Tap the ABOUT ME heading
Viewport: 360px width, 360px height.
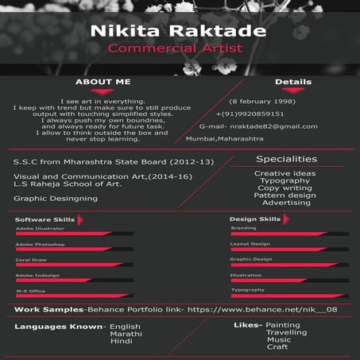[x=103, y=82]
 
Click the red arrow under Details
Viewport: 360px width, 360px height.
[x=292, y=91]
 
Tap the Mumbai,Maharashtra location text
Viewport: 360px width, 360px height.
[x=224, y=138]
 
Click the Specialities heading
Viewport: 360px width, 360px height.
[x=286, y=159]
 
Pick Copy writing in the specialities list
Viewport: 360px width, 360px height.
[x=285, y=188]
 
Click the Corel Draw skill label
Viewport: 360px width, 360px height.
[x=31, y=260]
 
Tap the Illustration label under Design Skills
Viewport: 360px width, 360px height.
[x=246, y=275]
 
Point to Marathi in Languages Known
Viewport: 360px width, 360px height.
[x=126, y=333]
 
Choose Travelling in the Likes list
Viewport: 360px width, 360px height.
[x=286, y=332]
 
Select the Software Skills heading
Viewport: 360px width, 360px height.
[x=45, y=219]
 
